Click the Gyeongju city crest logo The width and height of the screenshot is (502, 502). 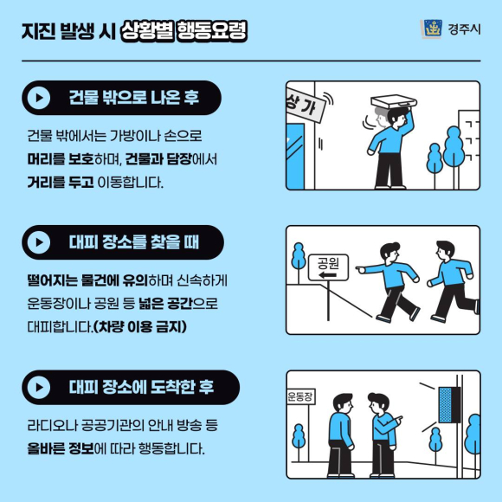click(431, 29)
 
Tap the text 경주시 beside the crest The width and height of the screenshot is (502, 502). click(464, 29)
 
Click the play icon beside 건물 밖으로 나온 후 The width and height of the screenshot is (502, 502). click(39, 98)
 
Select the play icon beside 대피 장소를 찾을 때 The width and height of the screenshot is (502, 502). click(39, 242)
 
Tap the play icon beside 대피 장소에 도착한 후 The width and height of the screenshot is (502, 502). click(39, 388)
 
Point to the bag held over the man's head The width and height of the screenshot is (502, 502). click(394, 101)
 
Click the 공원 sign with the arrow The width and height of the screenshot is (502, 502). click(328, 267)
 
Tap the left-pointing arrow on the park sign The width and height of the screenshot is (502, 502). click(327, 275)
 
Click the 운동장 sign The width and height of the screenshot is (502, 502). click(300, 396)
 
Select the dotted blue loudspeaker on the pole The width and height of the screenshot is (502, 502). click(445, 405)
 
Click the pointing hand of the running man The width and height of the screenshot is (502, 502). click(361, 269)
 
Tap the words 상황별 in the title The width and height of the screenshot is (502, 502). click(147, 31)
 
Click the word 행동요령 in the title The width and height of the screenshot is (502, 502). click(212, 31)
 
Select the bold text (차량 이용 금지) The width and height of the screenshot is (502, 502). click(139, 327)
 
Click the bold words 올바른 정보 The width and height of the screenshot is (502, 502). click(61, 448)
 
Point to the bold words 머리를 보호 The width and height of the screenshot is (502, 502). click(61, 159)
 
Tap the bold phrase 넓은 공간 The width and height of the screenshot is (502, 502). click(164, 303)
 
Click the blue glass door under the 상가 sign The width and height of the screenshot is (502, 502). click(295, 156)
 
